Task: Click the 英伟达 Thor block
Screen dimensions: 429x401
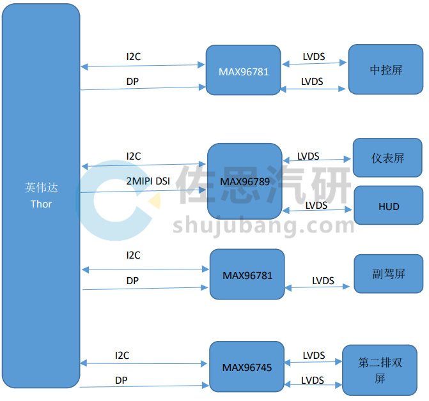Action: point(41,195)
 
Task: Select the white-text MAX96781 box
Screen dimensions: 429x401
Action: point(243,70)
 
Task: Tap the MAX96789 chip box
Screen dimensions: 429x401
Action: point(245,181)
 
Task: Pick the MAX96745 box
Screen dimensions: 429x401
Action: point(247,367)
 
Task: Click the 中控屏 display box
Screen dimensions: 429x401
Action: point(386,70)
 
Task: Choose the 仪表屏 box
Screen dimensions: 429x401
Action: point(387,158)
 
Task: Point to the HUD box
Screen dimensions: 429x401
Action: point(389,206)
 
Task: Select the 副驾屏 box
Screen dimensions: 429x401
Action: point(389,274)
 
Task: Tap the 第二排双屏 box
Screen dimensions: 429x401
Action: point(380,370)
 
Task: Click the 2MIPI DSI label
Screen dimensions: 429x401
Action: point(148,181)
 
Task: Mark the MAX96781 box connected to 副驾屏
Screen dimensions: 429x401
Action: point(247,275)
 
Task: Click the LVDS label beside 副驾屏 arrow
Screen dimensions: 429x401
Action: point(323,280)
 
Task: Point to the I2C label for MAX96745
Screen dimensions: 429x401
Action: point(122,356)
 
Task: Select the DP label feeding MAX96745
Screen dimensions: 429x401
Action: point(121,380)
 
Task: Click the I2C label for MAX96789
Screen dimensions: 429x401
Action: point(134,156)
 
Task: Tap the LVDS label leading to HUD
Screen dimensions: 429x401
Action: point(316,206)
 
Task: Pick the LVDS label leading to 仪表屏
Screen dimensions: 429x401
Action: point(308,156)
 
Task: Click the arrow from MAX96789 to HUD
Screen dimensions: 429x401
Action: point(317,210)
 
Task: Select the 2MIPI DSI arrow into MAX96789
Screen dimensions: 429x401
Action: point(143,191)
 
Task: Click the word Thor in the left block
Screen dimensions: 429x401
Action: point(41,204)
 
